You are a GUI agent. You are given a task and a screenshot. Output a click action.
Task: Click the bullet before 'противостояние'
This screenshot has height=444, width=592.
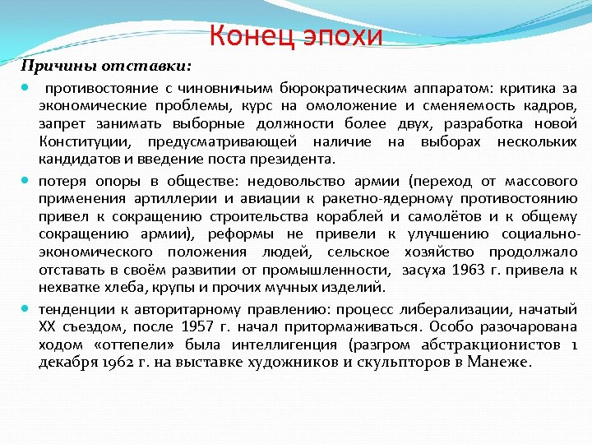pos(27,88)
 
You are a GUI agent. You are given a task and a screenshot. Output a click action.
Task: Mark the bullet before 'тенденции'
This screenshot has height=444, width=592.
pos(27,310)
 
